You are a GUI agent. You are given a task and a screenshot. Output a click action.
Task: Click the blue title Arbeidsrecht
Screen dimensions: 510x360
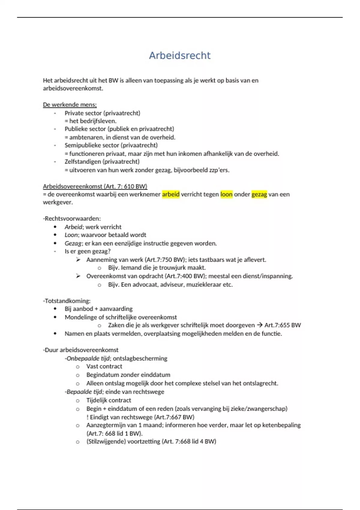click(x=180, y=55)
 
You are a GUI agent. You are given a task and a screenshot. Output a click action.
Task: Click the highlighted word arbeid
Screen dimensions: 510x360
click(x=171, y=194)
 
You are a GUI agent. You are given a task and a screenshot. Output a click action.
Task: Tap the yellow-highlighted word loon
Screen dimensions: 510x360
click(x=226, y=194)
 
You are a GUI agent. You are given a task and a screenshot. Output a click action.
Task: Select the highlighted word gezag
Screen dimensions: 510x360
click(x=259, y=194)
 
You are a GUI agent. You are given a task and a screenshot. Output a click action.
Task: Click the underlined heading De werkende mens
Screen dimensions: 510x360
click(x=70, y=105)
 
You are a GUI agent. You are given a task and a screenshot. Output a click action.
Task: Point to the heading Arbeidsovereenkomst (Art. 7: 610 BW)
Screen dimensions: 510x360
click(x=95, y=186)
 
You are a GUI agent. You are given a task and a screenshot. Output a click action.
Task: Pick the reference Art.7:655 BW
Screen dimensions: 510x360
click(x=282, y=325)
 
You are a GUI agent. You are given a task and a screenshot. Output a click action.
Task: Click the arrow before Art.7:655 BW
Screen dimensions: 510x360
click(x=259, y=325)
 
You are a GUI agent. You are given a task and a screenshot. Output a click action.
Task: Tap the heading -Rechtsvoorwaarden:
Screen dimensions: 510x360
click(x=72, y=219)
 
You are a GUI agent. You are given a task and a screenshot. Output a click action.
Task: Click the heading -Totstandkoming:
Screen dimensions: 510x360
click(x=67, y=301)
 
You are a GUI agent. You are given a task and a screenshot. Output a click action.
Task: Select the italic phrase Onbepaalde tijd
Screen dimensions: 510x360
click(x=88, y=358)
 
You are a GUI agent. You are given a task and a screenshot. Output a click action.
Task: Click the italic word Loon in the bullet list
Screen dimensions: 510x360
click(x=71, y=235)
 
